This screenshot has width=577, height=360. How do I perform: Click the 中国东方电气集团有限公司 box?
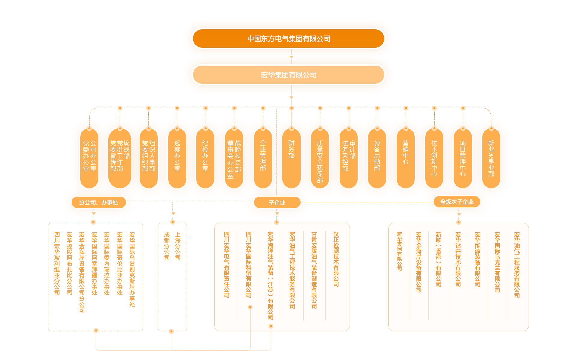pyautogui.click(x=288, y=38)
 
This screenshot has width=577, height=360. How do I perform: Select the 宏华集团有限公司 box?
pyautogui.click(x=288, y=75)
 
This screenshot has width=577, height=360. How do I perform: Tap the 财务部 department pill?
pyautogui.click(x=291, y=158)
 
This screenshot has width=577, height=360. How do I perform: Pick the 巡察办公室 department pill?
pyautogui.click(x=177, y=158)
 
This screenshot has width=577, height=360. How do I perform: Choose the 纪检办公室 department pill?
pyautogui.click(x=205, y=158)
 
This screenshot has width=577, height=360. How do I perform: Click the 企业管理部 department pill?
pyautogui.click(x=263, y=158)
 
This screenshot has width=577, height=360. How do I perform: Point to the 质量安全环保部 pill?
pyautogui.click(x=320, y=158)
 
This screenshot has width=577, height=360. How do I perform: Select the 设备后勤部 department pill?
pyautogui.click(x=377, y=158)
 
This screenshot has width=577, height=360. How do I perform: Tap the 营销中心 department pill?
pyautogui.click(x=405, y=158)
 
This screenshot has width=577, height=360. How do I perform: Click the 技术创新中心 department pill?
pyautogui.click(x=434, y=158)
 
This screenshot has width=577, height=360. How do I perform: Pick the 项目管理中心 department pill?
pyautogui.click(x=463, y=158)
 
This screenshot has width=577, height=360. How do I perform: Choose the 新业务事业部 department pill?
pyautogui.click(x=491, y=158)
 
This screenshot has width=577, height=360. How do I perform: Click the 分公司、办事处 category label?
pyautogui.click(x=99, y=202)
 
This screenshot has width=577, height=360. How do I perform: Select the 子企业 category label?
pyautogui.click(x=277, y=202)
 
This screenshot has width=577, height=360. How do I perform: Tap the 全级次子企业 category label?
pyautogui.click(x=457, y=202)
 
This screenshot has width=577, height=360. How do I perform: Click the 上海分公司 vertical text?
pyautogui.click(x=178, y=246)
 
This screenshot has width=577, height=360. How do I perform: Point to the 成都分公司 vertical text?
pyautogui.click(x=167, y=246)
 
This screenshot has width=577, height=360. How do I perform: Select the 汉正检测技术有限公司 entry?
pyautogui.click(x=336, y=259)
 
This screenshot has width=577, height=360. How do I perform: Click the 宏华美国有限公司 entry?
pyautogui.click(x=399, y=251)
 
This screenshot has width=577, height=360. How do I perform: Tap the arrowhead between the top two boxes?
pyautogui.click(x=291, y=57)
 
